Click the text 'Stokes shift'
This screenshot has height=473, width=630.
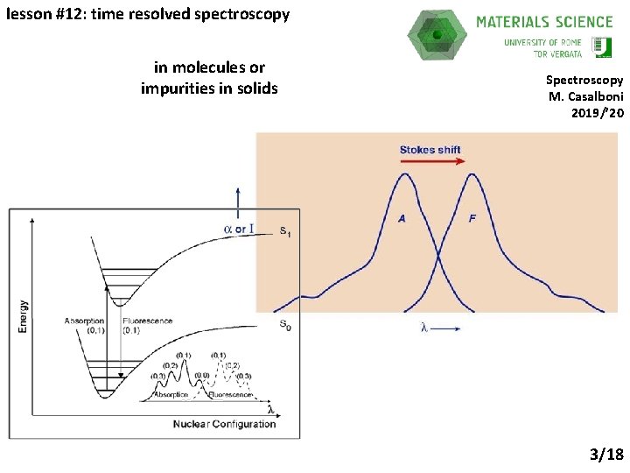click(x=430, y=150)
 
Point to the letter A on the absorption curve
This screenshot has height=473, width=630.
click(x=402, y=218)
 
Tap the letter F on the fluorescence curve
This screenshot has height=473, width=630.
click(x=472, y=218)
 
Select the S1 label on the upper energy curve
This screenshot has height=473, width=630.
click(x=285, y=231)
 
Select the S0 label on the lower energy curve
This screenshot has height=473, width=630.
click(x=285, y=324)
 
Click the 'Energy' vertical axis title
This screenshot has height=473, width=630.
click(x=24, y=316)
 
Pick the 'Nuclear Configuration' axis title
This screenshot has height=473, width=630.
click(x=224, y=424)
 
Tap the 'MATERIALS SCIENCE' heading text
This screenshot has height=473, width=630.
click(x=544, y=22)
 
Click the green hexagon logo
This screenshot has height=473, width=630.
click(x=437, y=34)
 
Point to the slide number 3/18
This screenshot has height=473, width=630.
click(x=606, y=454)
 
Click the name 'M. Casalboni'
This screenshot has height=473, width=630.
click(x=585, y=96)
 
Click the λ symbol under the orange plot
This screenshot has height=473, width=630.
click(x=423, y=328)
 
